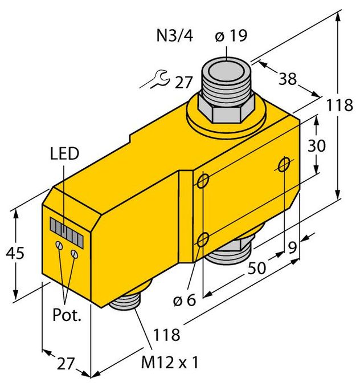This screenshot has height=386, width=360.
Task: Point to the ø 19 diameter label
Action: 230,36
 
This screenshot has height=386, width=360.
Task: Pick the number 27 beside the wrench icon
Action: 183,82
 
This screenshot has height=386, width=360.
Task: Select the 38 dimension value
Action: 288,79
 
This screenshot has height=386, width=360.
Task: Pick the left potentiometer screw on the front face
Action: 59,245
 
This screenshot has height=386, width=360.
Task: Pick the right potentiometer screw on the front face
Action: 73,251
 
